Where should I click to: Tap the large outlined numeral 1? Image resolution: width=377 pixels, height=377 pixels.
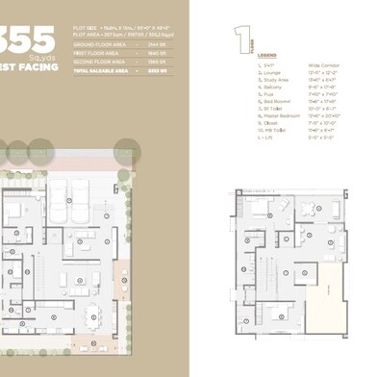(x=238, y=39)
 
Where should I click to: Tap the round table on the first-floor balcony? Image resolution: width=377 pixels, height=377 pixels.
(x=308, y=209)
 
